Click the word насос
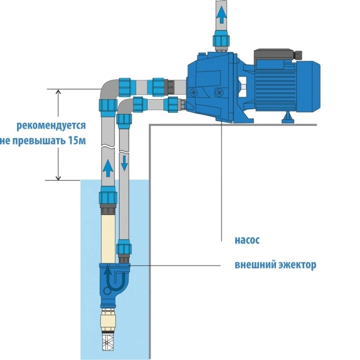247,240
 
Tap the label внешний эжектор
276,265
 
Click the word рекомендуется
51,126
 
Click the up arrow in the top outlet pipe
221,15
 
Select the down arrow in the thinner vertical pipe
124,163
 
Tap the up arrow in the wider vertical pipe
108,168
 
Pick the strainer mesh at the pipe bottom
108,342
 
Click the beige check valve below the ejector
108,320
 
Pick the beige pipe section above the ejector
108,239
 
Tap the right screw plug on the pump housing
218,92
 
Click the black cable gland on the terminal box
299,55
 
